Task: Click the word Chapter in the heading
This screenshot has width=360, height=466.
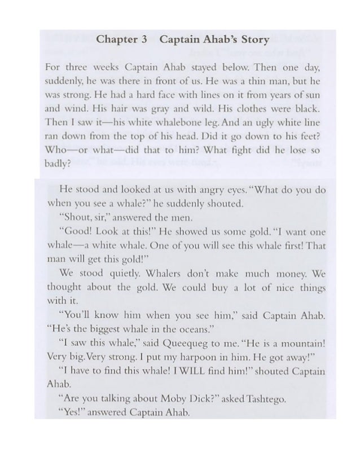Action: point(117,40)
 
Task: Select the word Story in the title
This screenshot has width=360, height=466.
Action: point(253,40)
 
